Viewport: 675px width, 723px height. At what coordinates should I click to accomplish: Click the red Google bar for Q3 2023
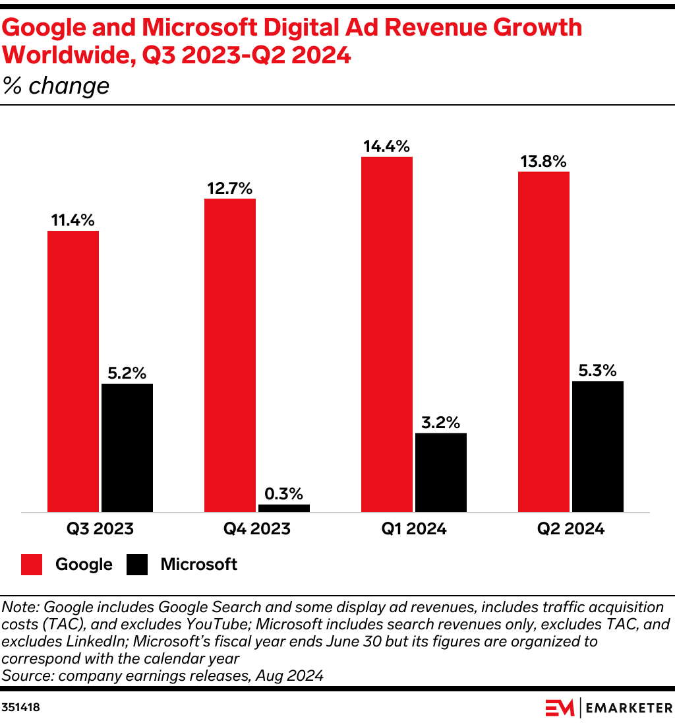coord(73,371)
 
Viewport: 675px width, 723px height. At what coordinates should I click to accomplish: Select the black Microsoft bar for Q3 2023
coord(127,447)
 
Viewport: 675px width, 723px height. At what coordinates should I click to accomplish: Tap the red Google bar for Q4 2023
coord(230,355)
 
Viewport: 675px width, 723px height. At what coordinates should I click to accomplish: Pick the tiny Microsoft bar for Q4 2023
coord(284,508)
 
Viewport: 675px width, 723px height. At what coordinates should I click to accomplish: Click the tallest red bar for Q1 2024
coord(387,334)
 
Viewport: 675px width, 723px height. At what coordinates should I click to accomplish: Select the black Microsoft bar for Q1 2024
coord(441,472)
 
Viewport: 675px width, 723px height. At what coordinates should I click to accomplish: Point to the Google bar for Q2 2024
coord(544,342)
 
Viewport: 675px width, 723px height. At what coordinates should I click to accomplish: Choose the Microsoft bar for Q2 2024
coord(598,447)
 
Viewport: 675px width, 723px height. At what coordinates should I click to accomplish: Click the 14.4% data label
coord(387,146)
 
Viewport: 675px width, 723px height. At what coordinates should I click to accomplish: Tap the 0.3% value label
coord(284,493)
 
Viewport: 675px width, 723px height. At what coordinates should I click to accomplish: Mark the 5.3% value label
coord(598,370)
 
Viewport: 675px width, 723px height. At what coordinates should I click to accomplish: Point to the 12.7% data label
coord(230,188)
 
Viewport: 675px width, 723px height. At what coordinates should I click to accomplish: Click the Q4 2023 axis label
coord(257,529)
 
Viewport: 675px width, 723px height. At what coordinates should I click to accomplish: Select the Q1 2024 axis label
coord(414,529)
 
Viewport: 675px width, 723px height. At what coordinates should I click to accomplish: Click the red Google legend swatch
coord(32,565)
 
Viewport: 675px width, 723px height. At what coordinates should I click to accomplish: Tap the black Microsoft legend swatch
coord(138,565)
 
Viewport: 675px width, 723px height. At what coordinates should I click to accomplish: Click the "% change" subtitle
coord(56,86)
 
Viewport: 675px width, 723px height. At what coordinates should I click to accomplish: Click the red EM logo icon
coord(559,707)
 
